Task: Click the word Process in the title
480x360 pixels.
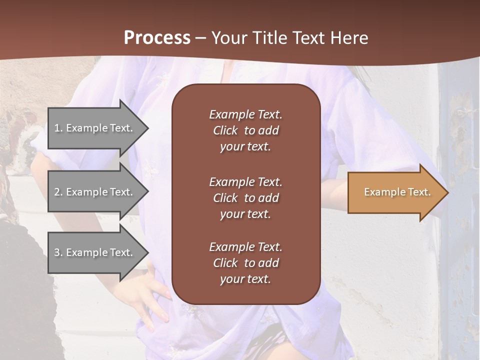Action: pos(157,38)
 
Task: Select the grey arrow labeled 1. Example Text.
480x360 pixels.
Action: pos(95,128)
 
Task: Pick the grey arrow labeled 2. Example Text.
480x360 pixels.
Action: pos(95,192)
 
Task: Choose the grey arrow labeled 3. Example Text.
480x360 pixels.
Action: pos(95,252)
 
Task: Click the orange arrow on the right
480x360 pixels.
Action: pos(395,192)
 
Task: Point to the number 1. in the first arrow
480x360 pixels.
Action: pos(58,128)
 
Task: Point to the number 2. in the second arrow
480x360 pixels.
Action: pos(58,192)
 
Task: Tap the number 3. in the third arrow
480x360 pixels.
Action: pos(58,252)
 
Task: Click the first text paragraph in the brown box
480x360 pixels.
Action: pos(245,130)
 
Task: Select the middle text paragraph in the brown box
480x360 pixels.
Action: pos(245,198)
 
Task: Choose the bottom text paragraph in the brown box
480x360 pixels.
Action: pos(245,263)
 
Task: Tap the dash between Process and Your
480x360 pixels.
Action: pos(200,38)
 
